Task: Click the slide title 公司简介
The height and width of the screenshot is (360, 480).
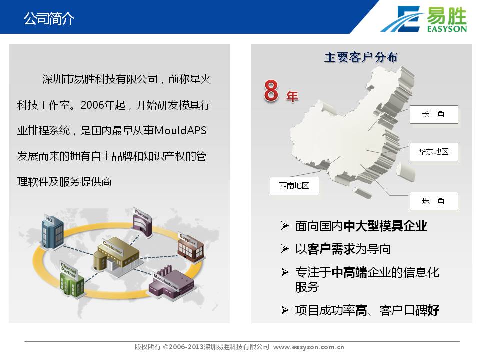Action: pyautogui.click(x=49, y=18)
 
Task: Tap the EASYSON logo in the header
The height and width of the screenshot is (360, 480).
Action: pyautogui.click(x=423, y=19)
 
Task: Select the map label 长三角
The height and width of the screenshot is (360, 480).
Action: pyautogui.click(x=434, y=115)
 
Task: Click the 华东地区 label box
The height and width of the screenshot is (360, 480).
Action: pyautogui.click(x=434, y=152)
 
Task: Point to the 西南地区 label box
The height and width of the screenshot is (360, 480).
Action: pyautogui.click(x=294, y=186)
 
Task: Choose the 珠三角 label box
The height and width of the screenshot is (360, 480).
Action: pyautogui.click(x=434, y=201)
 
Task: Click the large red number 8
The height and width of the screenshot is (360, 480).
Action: pyautogui.click(x=271, y=91)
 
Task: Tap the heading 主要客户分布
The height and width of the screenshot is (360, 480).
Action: pyautogui.click(x=361, y=57)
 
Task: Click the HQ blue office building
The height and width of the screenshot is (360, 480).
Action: pyautogui.click(x=52, y=231)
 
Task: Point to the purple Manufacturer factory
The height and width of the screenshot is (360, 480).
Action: pyautogui.click(x=171, y=283)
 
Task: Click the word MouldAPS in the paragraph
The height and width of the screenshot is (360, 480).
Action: pyautogui.click(x=180, y=130)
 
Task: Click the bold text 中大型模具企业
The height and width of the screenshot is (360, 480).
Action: pyautogui.click(x=385, y=226)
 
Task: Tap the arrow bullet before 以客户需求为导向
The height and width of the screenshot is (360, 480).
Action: pyautogui.click(x=284, y=249)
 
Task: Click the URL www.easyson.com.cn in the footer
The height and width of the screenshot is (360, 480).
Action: pyautogui.click(x=308, y=347)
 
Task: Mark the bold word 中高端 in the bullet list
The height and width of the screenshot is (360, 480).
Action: pyautogui.click(x=349, y=273)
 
